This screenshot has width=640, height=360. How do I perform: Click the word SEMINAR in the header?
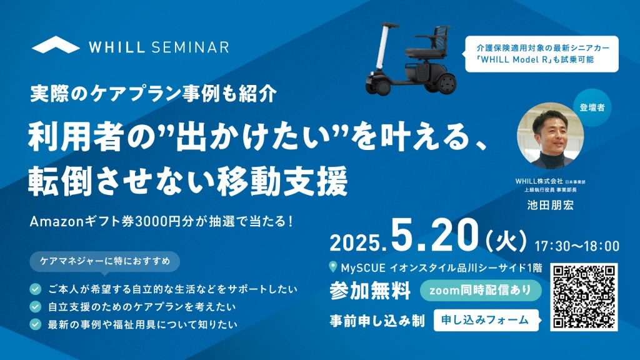[x=190, y=47]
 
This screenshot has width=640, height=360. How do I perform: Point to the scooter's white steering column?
[x=382, y=47]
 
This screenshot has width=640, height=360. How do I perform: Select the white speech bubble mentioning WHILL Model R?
[x=541, y=54]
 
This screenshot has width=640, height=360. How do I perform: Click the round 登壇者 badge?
[x=592, y=107]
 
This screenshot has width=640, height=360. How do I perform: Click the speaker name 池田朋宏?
[x=550, y=205]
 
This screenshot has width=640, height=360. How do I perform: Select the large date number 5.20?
[x=434, y=235]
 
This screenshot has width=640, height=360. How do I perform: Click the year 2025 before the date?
[x=355, y=243]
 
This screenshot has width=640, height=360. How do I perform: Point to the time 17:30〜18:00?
[x=577, y=246]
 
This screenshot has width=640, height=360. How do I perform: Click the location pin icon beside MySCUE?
[x=333, y=267]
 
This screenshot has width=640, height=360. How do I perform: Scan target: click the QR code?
[x=584, y=297]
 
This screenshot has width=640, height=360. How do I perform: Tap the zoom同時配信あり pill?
[x=481, y=290]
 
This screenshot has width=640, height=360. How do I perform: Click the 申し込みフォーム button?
[x=486, y=321]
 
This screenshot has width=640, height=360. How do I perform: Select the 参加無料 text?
[x=370, y=291]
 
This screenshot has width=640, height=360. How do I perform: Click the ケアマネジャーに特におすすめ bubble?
[x=105, y=262]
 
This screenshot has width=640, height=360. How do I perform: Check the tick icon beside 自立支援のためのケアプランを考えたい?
[x=36, y=306]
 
